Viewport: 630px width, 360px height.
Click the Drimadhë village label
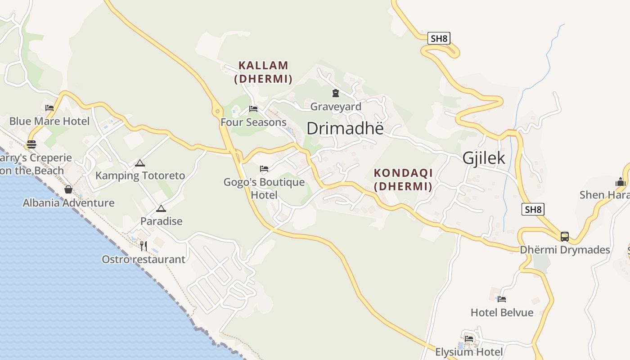click(x=345, y=128)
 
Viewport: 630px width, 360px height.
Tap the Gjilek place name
click(x=484, y=158)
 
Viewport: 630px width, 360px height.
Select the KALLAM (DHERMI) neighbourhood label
click(x=263, y=72)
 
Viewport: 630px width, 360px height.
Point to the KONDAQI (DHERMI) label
click(x=403, y=180)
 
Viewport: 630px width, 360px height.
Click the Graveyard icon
click(x=335, y=93)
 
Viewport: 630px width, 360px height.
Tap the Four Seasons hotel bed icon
click(x=253, y=109)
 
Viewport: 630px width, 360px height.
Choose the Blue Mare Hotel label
click(x=49, y=121)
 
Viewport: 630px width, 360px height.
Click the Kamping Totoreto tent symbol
click(x=140, y=163)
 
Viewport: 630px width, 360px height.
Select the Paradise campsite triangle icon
click(x=161, y=208)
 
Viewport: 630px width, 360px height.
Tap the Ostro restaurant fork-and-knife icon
click(x=144, y=246)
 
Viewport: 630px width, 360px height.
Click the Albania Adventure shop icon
click(x=68, y=189)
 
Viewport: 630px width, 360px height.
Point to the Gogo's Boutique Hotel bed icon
click(x=264, y=169)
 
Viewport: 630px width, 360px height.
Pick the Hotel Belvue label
click(x=502, y=312)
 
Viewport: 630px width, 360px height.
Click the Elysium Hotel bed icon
click(x=469, y=338)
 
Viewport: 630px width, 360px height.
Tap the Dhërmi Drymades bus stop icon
click(x=565, y=236)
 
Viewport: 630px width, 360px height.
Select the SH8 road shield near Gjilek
click(x=533, y=209)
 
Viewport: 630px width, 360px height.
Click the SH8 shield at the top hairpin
click(x=439, y=38)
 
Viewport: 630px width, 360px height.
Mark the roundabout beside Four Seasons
click(x=217, y=111)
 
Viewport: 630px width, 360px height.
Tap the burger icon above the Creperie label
click(x=31, y=144)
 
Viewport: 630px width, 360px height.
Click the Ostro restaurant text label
click(x=144, y=259)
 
